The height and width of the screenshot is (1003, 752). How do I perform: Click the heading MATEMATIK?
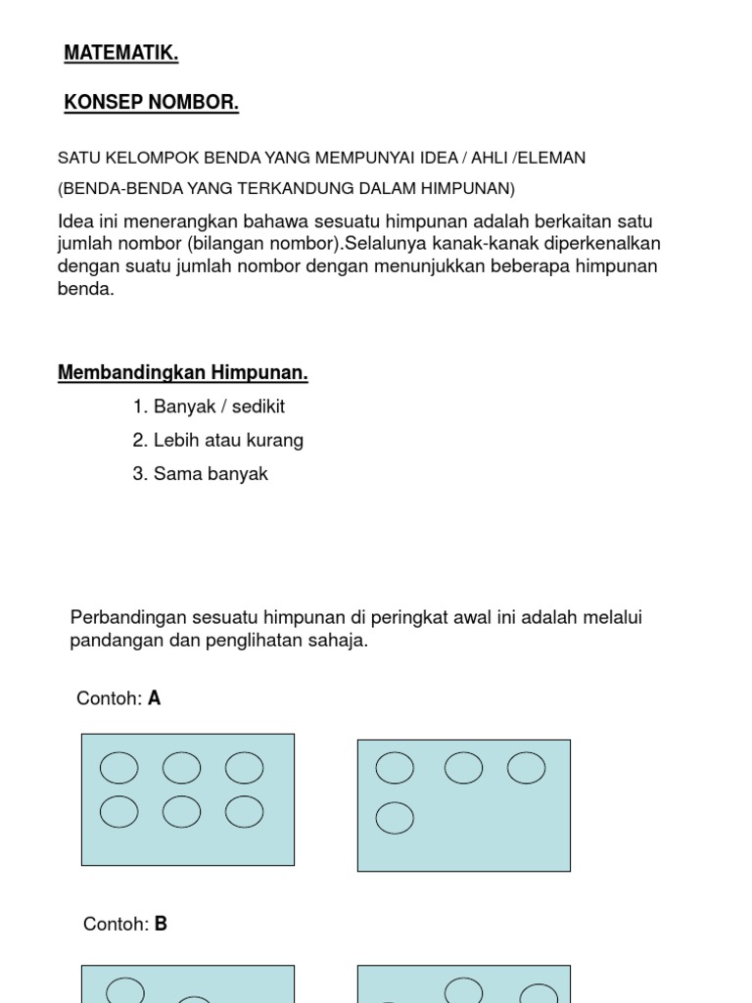pyautogui.click(x=121, y=55)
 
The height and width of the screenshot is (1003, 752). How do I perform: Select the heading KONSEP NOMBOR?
pyautogui.click(x=151, y=103)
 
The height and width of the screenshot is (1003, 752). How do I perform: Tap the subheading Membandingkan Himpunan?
pyautogui.click(x=183, y=373)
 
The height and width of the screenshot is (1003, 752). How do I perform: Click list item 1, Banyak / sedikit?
pyautogui.click(x=209, y=406)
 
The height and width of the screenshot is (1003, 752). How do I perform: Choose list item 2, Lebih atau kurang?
pyautogui.click(x=217, y=440)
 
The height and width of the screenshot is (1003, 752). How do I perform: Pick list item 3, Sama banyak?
pyautogui.click(x=200, y=474)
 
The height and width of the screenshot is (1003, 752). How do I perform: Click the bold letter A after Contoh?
pyautogui.click(x=154, y=698)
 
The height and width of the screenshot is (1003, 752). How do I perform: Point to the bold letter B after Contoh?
pyautogui.click(x=161, y=924)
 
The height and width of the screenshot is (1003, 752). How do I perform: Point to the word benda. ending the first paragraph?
pyautogui.click(x=86, y=290)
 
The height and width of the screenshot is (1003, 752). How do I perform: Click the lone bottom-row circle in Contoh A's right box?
pyautogui.click(x=395, y=817)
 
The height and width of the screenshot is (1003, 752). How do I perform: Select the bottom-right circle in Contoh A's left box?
pyautogui.click(x=244, y=812)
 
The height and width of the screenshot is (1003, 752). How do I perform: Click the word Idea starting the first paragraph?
pyautogui.click(x=75, y=220)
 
